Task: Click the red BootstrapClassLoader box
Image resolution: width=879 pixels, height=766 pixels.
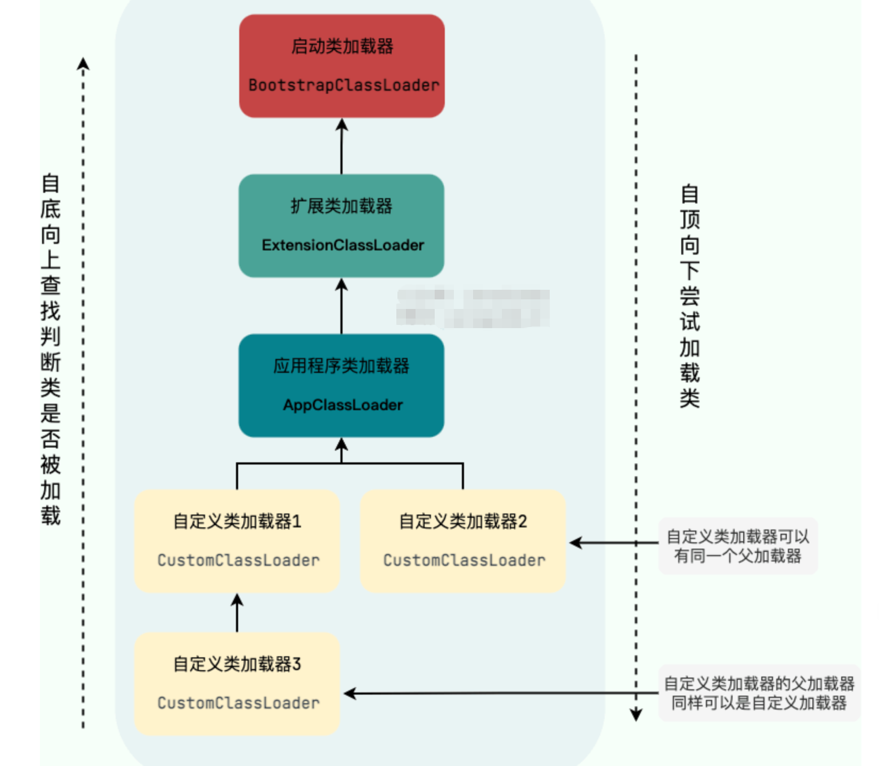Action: (341, 66)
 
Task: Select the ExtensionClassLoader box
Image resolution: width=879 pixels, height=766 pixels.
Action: (341, 226)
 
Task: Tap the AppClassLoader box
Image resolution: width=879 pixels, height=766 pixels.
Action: (341, 386)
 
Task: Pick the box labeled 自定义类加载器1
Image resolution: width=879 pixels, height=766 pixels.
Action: (237, 541)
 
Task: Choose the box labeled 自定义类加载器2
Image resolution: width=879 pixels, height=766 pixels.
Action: (463, 541)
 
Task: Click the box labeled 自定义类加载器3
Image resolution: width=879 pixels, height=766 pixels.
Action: (237, 684)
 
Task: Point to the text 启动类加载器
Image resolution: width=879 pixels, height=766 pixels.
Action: (342, 46)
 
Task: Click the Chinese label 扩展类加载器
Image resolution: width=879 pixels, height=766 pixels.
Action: (341, 206)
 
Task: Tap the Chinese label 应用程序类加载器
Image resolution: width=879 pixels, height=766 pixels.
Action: (341, 366)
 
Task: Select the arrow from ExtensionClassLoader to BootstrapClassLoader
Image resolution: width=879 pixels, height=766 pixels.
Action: (341, 146)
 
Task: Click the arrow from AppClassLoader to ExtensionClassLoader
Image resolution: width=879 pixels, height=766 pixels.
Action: (341, 306)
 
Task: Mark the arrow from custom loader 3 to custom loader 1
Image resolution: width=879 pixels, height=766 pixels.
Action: (237, 613)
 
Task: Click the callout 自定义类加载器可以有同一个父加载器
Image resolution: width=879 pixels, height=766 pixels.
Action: (738, 546)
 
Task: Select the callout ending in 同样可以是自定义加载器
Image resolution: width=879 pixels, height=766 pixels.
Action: (759, 693)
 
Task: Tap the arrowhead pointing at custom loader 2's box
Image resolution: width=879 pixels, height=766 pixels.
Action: (575, 543)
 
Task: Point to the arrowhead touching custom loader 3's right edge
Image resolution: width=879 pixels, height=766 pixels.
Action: (350, 694)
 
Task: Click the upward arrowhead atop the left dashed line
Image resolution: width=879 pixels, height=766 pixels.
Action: (83, 64)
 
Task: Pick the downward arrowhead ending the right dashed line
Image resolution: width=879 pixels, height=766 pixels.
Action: (636, 714)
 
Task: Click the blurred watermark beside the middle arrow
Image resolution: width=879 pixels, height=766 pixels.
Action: (473, 307)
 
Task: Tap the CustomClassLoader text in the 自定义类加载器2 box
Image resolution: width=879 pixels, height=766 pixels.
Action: (464, 560)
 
